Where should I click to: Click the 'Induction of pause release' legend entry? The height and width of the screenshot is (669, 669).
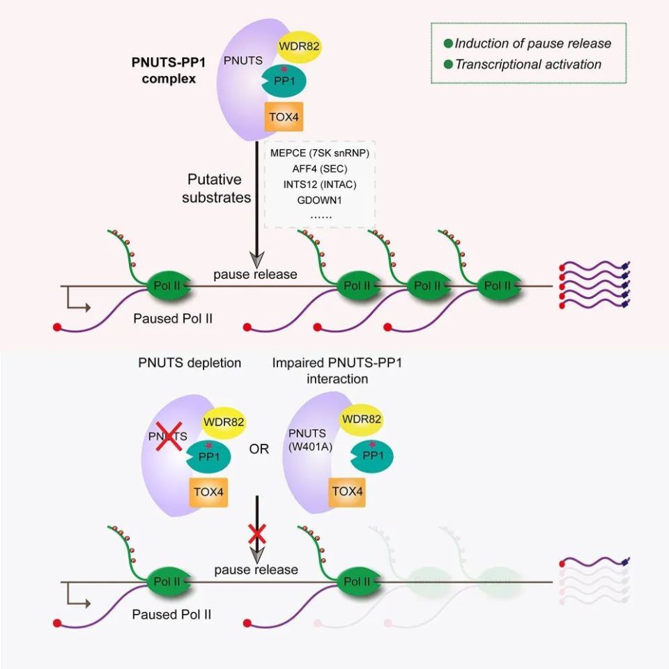[x=532, y=43]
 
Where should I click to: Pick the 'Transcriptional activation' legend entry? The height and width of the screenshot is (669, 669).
[x=528, y=64]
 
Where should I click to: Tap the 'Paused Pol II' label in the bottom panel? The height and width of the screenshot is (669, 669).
[x=172, y=615]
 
